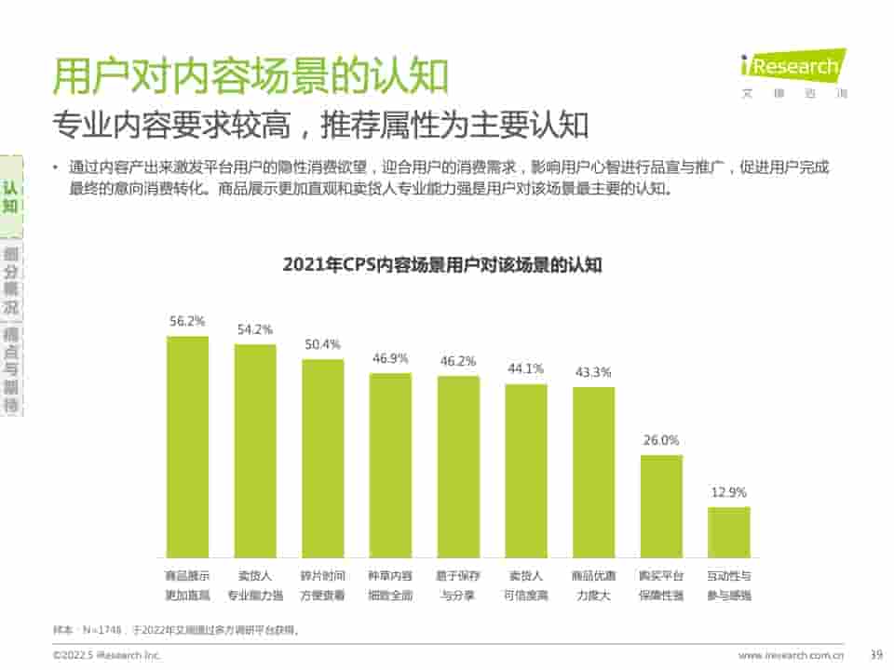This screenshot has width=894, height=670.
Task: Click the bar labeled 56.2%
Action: tap(187, 447)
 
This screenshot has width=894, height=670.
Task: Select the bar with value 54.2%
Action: tap(255, 451)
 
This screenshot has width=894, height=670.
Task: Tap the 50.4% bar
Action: tap(322, 458)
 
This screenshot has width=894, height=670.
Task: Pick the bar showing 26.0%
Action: tap(661, 506)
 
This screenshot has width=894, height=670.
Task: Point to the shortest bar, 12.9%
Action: tap(728, 532)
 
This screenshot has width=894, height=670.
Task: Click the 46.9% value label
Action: tap(390, 358)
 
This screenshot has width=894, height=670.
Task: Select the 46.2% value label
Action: tap(457, 361)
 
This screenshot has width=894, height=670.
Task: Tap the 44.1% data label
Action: tap(525, 368)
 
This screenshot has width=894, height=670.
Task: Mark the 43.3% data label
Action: tap(593, 372)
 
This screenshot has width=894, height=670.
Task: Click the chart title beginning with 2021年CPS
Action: tap(442, 265)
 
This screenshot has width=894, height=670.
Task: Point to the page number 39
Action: tap(874, 655)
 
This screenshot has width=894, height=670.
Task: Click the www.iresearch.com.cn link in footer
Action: tap(792, 655)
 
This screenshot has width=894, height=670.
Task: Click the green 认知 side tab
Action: tap(10, 196)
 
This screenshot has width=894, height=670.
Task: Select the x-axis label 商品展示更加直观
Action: tap(187, 585)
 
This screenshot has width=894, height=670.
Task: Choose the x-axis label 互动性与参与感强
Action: tap(728, 585)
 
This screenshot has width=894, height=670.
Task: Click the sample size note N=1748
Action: tap(177, 630)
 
